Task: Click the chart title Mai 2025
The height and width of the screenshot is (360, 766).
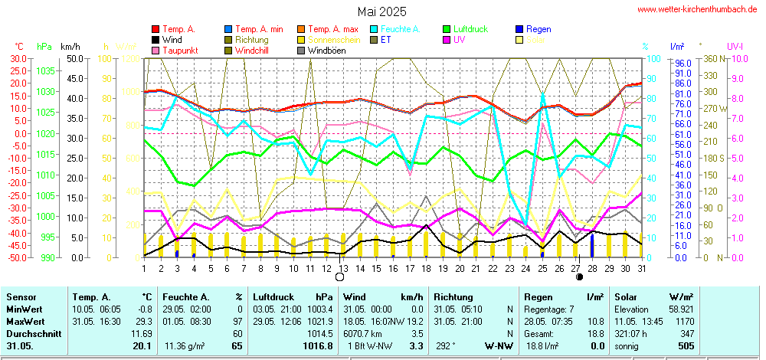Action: coord(382,11)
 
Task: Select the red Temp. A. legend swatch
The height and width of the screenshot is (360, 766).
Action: coord(156,29)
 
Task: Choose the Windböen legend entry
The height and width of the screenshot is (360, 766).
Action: coord(326,50)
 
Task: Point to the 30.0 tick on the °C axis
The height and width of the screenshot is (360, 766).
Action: coord(18,58)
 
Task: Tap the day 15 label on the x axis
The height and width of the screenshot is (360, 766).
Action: coord(376,268)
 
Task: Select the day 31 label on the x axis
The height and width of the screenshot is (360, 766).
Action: coord(641,268)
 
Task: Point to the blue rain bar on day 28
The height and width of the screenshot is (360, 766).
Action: coord(591,245)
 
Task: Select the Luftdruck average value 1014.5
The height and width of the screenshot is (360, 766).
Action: coord(321,335)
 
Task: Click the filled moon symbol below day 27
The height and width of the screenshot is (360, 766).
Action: coord(579,277)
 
